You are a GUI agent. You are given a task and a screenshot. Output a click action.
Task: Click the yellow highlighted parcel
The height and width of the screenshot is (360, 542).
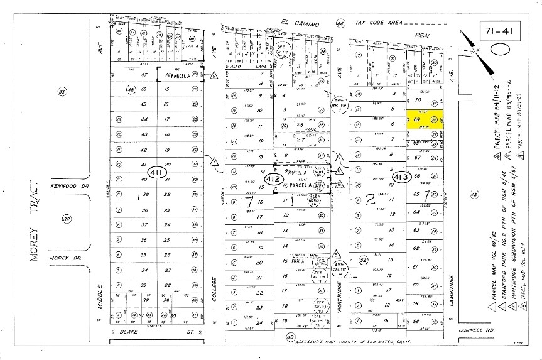click(x=425, y=120)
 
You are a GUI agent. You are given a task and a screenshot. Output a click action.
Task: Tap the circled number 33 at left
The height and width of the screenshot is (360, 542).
click(x=62, y=92)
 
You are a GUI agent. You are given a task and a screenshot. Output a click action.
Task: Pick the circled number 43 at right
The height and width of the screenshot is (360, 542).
click(x=474, y=195)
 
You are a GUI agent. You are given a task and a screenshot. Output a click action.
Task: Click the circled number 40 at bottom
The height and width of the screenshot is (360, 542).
click(x=291, y=337)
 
